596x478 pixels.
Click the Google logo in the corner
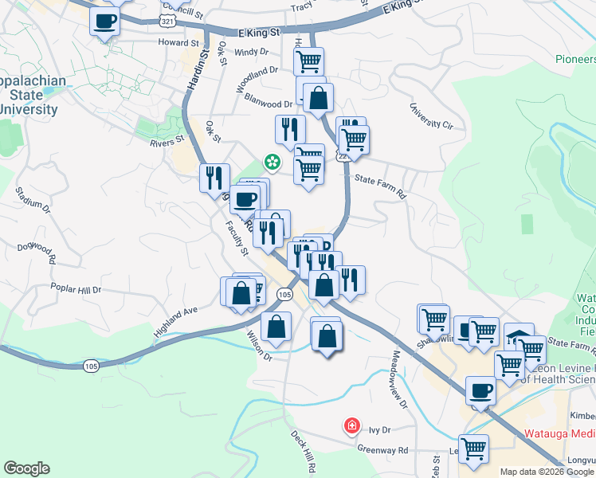[x=27, y=468]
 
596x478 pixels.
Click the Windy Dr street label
[x=253, y=53]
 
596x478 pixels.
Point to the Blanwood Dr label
[x=268, y=104]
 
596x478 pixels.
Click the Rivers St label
[x=167, y=143]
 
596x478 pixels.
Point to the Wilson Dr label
[x=259, y=346]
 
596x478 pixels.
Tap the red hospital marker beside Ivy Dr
[x=351, y=426]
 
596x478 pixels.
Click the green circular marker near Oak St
[x=273, y=163]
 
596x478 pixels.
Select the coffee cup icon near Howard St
[x=104, y=21]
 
